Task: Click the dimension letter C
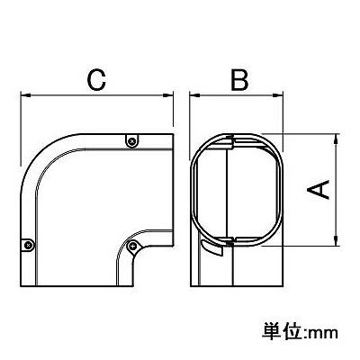[x=96, y=80]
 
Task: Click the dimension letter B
[x=239, y=80]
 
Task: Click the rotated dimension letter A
[x=318, y=189]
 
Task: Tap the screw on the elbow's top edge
[x=131, y=140]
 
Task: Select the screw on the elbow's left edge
[x=28, y=245]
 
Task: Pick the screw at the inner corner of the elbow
[x=132, y=247]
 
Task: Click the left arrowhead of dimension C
[x=26, y=95]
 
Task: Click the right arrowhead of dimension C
[x=167, y=95]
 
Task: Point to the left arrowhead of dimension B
[x=195, y=95]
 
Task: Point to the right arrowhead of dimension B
[x=278, y=95]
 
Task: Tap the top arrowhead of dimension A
[x=337, y=139]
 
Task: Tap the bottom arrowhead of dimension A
[x=337, y=240]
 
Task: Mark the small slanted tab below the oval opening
[x=212, y=247]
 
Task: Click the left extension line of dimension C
[x=21, y=128]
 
